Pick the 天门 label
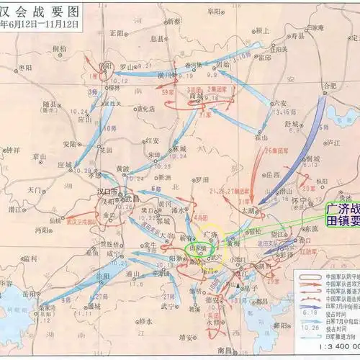(x=35, y=189)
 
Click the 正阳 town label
(x=117, y=32)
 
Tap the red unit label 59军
(x=167, y=93)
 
